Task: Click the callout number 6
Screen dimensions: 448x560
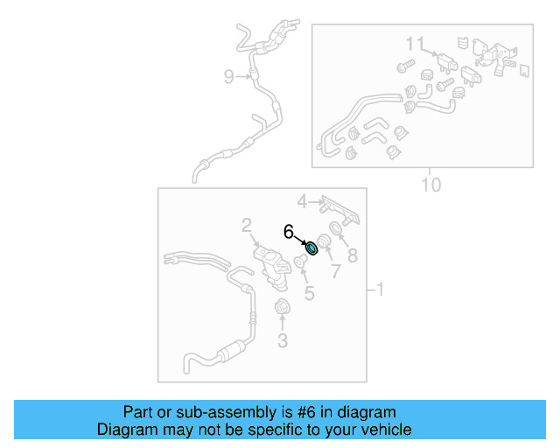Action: pos(288,232)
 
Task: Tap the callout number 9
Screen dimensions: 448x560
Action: pos(229,77)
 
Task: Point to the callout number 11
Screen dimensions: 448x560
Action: pos(414,44)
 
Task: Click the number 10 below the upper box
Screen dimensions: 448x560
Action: pos(430,185)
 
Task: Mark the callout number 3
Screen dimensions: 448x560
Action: pos(282,340)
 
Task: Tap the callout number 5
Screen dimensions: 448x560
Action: pos(309,292)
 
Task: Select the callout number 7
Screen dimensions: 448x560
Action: pos(333,272)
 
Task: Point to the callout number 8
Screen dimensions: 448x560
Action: pos(353,255)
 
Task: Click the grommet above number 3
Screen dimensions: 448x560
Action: pos(283,307)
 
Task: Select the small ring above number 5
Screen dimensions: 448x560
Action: pos(300,261)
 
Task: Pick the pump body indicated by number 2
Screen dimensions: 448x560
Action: pos(271,263)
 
